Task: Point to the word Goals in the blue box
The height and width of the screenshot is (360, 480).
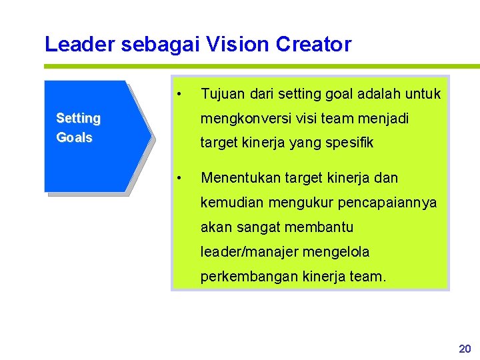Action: click(74, 138)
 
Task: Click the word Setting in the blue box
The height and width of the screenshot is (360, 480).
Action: click(78, 119)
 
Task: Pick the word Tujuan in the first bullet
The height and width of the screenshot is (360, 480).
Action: click(221, 94)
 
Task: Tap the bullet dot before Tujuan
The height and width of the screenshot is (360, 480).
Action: click(179, 93)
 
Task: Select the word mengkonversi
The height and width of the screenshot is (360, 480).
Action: click(242, 119)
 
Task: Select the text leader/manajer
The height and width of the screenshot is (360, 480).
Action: click(251, 252)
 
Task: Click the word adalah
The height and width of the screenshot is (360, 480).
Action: click(377, 94)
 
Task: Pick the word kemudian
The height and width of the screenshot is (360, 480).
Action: click(231, 203)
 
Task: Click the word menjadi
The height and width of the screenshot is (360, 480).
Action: click(385, 119)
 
